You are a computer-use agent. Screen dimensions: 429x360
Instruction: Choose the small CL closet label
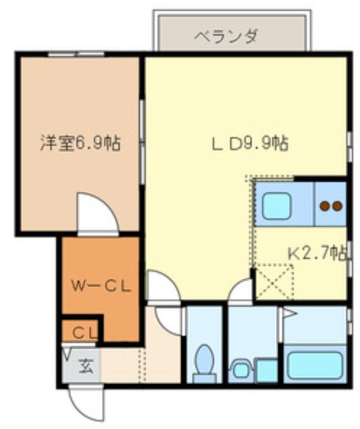[x=82, y=332]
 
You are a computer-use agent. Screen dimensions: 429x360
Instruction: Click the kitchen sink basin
[x=276, y=206]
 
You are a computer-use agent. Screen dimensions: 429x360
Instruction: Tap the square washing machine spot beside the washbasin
[x=266, y=369]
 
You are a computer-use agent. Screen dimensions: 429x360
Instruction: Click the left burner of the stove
[x=325, y=206]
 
